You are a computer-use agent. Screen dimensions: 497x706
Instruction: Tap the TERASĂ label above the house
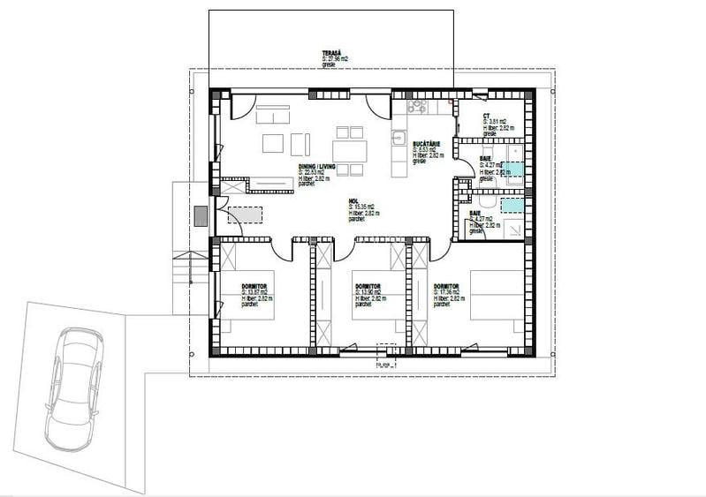click(x=330, y=53)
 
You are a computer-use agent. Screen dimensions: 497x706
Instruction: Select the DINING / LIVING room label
click(x=315, y=166)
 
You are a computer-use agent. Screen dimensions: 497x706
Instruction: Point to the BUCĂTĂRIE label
click(x=427, y=143)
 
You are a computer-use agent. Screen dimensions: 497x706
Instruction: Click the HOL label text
click(x=353, y=200)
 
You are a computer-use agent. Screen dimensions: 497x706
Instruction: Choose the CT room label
click(x=487, y=116)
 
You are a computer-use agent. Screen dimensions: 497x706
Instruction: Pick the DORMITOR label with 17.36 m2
click(x=446, y=287)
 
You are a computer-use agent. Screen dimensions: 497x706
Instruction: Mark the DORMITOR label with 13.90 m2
click(x=368, y=287)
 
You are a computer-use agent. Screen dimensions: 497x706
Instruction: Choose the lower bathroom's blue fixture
click(x=512, y=206)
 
